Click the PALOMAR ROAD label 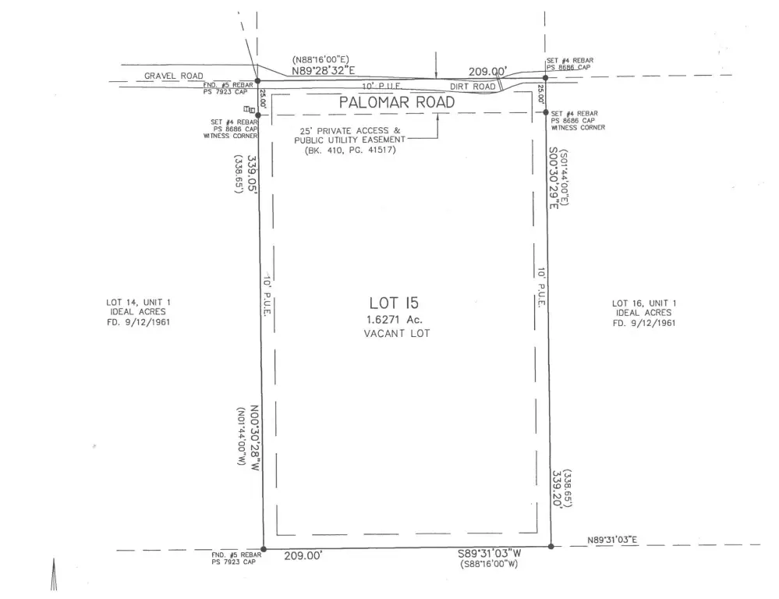(x=396, y=102)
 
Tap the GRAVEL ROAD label (x=174, y=76)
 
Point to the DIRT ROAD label (x=473, y=87)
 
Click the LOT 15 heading (x=394, y=303)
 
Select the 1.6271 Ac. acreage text (x=395, y=320)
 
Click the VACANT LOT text (x=396, y=334)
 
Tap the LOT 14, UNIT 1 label (x=138, y=303)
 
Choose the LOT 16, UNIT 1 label (x=644, y=303)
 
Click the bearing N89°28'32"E (x=323, y=71)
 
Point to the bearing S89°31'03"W (x=490, y=554)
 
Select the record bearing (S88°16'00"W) (x=490, y=564)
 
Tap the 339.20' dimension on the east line (x=557, y=489)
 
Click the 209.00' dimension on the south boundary (x=303, y=556)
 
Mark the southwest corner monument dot (x=264, y=549)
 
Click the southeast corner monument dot (x=551, y=546)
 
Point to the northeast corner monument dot (x=545, y=78)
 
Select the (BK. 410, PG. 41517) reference (x=350, y=150)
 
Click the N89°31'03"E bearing (x=612, y=541)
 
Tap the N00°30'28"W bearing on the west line (x=254, y=438)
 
